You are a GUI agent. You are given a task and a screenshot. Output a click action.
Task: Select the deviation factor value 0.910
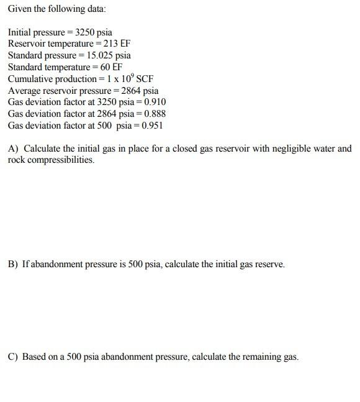(155, 102)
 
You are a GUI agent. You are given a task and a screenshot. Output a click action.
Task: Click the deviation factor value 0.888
(155, 114)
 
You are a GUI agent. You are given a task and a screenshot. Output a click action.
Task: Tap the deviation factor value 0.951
(151, 126)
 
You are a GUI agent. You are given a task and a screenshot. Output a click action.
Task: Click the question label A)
(13, 148)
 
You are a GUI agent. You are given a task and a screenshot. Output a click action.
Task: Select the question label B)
(13, 264)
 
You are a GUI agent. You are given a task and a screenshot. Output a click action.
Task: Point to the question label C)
(13, 357)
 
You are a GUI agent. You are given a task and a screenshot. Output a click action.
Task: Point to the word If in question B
(25, 264)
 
